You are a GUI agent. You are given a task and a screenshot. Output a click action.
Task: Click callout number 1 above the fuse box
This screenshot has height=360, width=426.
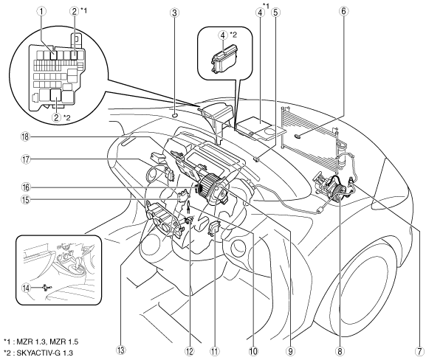[41, 11]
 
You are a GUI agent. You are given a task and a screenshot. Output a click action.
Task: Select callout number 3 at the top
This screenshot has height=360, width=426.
[174, 13]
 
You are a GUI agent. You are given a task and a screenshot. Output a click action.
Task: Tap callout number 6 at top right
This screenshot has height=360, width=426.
[344, 11]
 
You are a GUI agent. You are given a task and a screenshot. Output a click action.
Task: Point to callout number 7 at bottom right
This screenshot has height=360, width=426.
[419, 351]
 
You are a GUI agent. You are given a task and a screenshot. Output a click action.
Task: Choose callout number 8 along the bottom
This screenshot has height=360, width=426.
[340, 351]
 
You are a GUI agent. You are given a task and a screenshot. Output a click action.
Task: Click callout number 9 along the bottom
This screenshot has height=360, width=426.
[290, 351]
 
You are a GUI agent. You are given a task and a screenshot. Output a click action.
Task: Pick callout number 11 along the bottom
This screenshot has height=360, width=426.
[215, 351]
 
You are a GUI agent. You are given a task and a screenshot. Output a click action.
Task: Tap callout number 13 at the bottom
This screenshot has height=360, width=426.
[121, 350]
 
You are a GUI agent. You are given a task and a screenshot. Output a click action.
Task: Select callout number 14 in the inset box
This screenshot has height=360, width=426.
[27, 288]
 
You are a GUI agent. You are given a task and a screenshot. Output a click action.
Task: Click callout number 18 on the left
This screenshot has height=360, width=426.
[26, 136]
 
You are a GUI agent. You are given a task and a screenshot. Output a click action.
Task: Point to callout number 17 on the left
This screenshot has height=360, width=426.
[26, 159]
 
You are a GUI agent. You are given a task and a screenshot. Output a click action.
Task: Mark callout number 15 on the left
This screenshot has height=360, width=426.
[26, 199]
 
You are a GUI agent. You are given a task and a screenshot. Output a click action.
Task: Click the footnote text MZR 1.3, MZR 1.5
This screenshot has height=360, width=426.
[47, 342]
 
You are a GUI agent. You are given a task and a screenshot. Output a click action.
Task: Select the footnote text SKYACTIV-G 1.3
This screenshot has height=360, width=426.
[45, 353]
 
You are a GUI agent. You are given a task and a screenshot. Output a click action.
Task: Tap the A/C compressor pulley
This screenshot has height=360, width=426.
[337, 190]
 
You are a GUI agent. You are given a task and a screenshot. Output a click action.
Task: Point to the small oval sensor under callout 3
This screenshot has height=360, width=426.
[174, 115]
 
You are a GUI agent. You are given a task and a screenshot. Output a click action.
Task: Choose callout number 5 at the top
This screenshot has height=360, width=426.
[275, 13]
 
